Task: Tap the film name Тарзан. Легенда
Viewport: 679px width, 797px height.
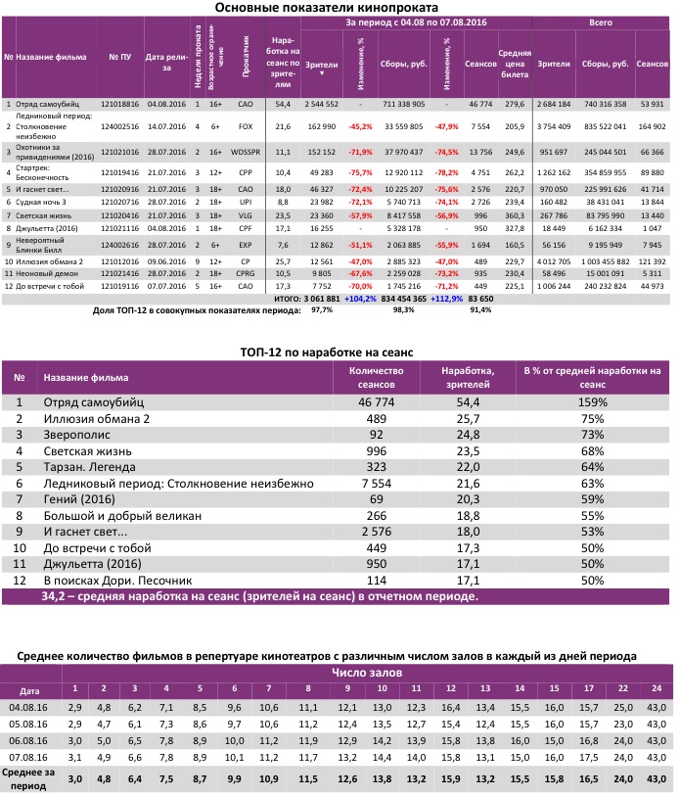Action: click(89, 467)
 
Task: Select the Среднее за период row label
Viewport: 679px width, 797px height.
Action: click(30, 777)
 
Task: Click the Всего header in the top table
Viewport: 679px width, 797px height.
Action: click(601, 20)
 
